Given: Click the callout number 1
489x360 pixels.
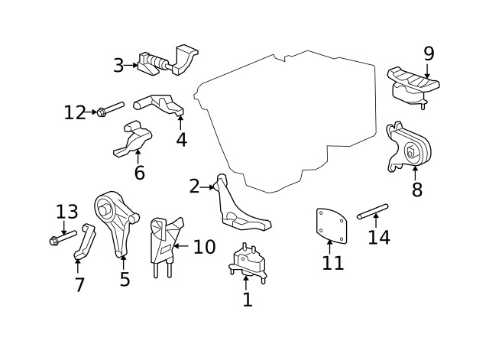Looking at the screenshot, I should point(247,299).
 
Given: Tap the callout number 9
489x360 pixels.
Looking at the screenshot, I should point(429,53).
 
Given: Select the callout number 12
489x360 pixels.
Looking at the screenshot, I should point(75,112).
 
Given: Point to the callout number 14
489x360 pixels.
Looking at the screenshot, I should point(379,237).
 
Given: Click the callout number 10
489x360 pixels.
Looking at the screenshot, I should point(204,247).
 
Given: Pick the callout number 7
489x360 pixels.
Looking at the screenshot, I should point(79,285).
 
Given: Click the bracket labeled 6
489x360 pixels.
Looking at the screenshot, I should point(133,139).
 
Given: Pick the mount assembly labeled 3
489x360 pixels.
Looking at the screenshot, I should point(164,61).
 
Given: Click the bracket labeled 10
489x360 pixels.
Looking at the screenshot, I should point(165,240).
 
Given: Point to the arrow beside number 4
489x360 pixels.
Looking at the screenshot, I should point(182,118).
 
